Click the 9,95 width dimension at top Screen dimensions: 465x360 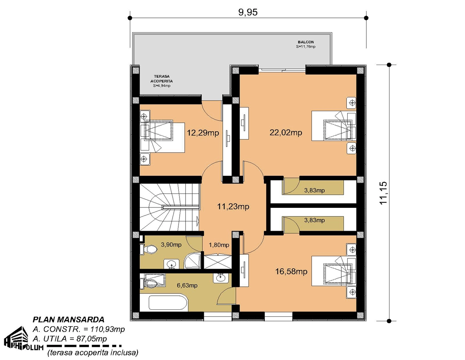(x=248, y=12)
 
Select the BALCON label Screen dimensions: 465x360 (x=306, y=42)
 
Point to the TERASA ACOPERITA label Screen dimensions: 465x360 (x=162, y=79)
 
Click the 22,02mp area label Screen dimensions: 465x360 (x=286, y=132)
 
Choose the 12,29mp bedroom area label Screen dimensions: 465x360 (x=203, y=133)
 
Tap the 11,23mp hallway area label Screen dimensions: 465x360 (x=233, y=206)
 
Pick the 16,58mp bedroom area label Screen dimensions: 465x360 (x=291, y=271)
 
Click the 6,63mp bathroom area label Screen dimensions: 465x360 (x=187, y=285)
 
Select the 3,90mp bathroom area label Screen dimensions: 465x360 (x=171, y=245)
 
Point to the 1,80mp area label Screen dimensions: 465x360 (x=219, y=245)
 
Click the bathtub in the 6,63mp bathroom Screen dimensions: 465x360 (x=168, y=302)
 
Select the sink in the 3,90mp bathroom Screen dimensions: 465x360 (x=171, y=264)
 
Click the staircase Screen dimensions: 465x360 (x=169, y=207)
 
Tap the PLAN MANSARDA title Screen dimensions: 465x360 (x=69, y=320)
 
